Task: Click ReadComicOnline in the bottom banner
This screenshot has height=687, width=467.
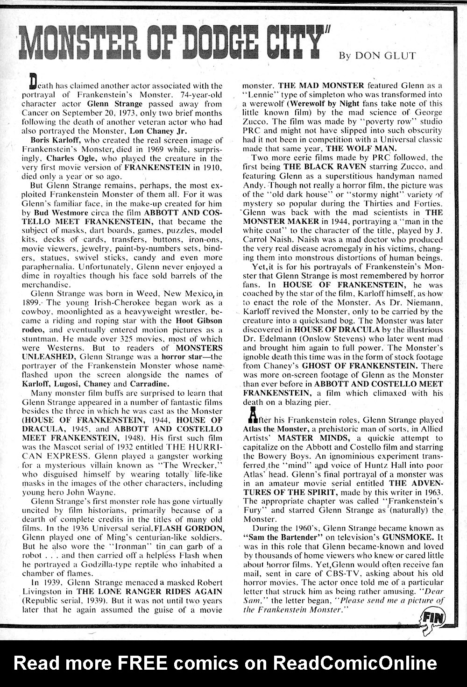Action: pyautogui.click(x=355, y=663)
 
